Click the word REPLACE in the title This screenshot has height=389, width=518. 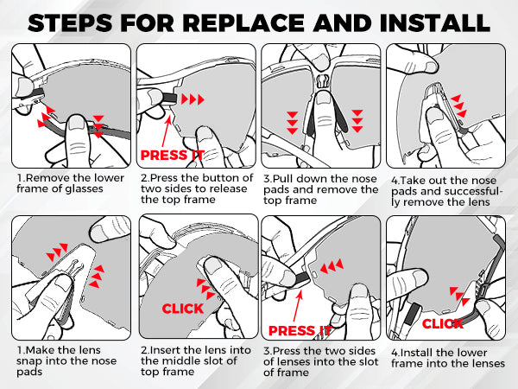[243, 22]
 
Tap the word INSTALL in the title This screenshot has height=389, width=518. [435, 22]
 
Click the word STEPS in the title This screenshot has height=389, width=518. [70, 22]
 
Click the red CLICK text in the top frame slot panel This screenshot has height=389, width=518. [183, 309]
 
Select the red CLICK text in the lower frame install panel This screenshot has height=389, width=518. [443, 323]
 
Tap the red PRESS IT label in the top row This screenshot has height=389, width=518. [172, 155]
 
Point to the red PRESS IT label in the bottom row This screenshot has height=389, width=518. [300, 330]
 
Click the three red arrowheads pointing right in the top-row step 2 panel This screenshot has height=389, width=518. [193, 99]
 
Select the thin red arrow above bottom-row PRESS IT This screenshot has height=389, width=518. [297, 306]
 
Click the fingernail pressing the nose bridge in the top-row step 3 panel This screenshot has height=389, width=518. [324, 98]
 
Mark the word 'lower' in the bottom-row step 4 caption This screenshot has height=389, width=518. [472, 353]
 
